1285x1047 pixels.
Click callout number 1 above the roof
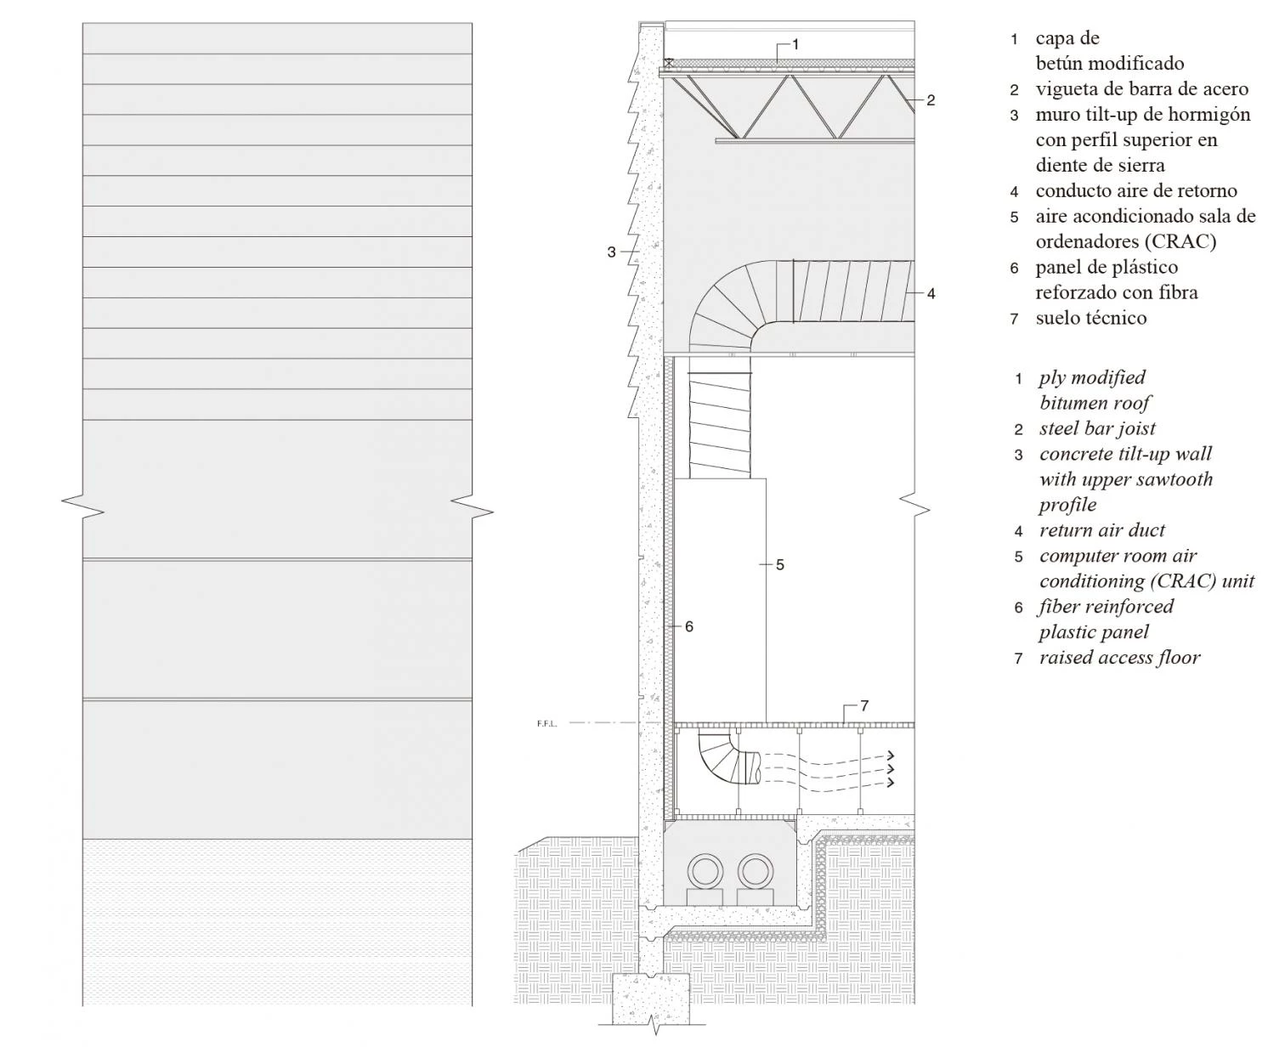pyautogui.click(x=795, y=45)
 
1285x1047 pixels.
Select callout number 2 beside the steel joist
pyautogui.click(x=931, y=100)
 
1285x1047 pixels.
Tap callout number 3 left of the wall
pyautogui.click(x=611, y=252)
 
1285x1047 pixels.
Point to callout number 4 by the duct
pyautogui.click(x=931, y=294)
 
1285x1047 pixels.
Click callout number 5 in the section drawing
pyautogui.click(x=780, y=565)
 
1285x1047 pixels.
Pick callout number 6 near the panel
pyautogui.click(x=689, y=626)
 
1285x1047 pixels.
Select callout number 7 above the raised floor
pyautogui.click(x=864, y=705)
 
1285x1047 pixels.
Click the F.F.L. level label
pyautogui.click(x=546, y=724)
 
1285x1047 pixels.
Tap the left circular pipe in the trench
pyautogui.click(x=706, y=872)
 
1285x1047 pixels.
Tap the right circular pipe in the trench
pyautogui.click(x=756, y=872)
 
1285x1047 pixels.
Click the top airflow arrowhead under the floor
pyautogui.click(x=889, y=756)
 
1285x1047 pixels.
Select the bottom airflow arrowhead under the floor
pyautogui.click(x=889, y=783)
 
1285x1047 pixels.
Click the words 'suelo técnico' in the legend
pyautogui.click(x=1090, y=318)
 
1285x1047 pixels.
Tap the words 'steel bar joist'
pyautogui.click(x=1097, y=428)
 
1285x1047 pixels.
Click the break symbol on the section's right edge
pyautogui.click(x=914, y=506)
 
